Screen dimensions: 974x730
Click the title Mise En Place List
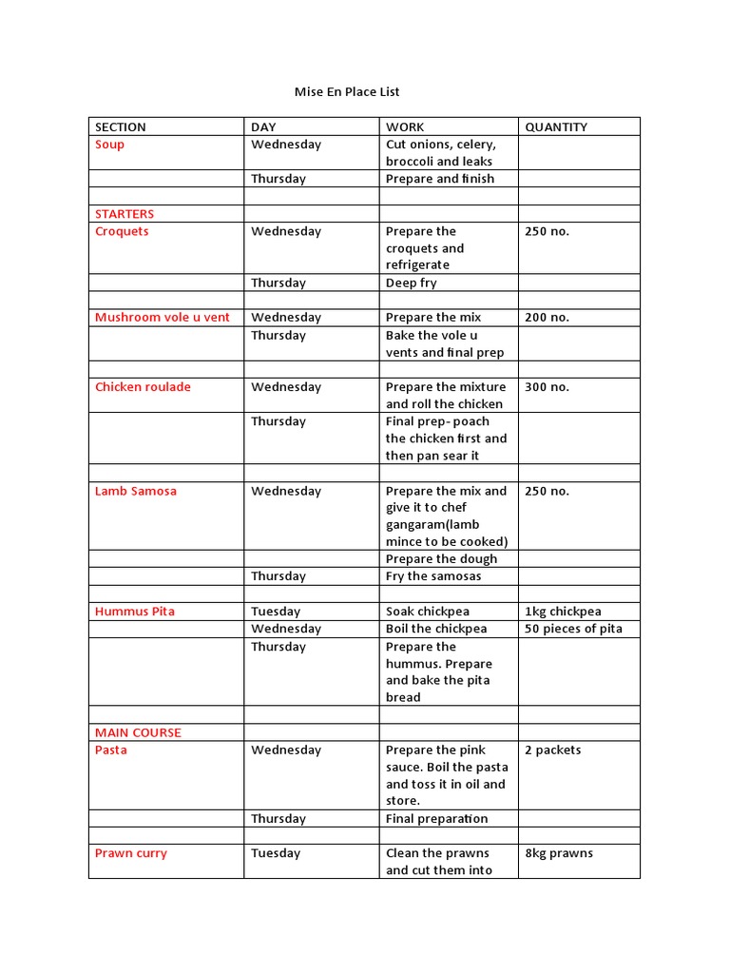347,92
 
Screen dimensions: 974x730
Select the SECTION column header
121,127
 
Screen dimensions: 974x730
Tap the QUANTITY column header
556,127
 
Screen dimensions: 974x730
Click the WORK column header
405,127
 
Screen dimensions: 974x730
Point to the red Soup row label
109,145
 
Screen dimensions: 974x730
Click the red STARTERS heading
125,214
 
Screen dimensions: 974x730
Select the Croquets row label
122,231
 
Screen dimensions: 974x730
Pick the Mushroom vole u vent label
163,318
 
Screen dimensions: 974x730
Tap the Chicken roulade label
143,387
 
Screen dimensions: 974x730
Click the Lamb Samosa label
136,492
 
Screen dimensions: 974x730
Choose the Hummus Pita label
135,612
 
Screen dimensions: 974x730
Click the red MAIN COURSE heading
138,733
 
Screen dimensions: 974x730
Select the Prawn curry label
131,854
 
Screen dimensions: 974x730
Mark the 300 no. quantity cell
547,387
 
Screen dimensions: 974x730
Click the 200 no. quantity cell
547,318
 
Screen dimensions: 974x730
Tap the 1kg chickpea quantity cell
563,612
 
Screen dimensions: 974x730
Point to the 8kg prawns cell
559,854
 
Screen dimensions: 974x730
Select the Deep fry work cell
412,283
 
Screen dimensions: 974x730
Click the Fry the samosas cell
433,576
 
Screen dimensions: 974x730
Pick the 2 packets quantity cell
552,750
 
